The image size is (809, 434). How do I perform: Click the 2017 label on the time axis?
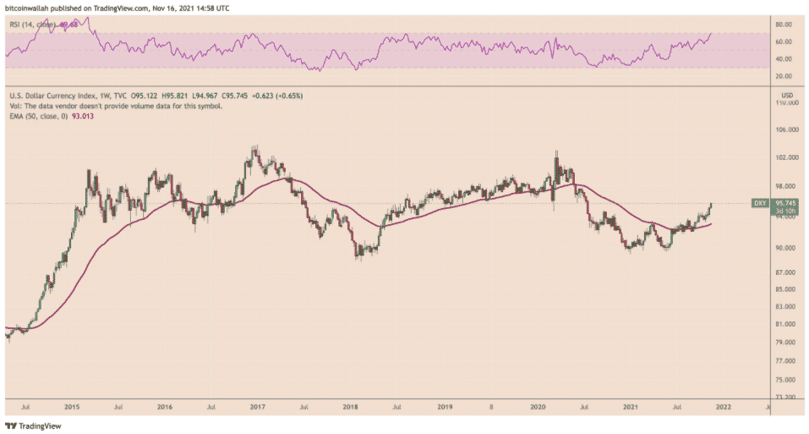tap(256, 407)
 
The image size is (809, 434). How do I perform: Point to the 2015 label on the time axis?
tap(72, 407)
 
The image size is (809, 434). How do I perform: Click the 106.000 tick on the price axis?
tap(788, 130)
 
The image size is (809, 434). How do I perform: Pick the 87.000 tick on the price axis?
tap(788, 273)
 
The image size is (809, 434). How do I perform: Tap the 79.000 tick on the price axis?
tap(788, 343)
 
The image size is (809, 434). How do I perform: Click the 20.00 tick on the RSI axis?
tap(784, 76)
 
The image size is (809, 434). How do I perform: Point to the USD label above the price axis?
tap(787, 94)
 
